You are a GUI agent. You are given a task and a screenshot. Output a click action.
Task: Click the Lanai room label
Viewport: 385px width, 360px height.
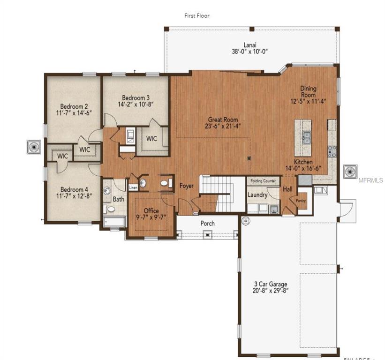(x=249, y=45)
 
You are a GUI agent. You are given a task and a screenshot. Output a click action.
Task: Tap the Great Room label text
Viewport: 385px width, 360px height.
(x=223, y=120)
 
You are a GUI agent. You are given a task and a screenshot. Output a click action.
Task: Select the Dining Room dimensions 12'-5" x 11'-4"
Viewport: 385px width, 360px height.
(x=308, y=100)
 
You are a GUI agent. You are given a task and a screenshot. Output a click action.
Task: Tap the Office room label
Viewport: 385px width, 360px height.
(x=151, y=210)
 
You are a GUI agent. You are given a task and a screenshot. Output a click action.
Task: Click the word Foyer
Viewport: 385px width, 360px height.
(x=186, y=186)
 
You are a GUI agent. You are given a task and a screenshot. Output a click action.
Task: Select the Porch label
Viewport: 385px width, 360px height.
(x=207, y=223)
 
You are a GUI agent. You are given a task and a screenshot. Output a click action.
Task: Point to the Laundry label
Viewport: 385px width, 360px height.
(x=257, y=195)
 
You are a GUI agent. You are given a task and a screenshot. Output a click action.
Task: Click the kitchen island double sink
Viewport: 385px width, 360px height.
(x=306, y=137)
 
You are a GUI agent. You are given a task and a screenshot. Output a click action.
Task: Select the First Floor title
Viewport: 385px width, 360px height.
(x=196, y=15)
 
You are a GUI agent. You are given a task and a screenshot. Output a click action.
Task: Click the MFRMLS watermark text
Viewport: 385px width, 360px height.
(x=371, y=180)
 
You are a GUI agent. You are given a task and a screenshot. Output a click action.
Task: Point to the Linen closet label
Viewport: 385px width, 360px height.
(x=133, y=187)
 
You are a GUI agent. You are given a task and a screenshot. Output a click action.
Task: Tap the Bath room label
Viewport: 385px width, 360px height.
(x=118, y=199)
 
